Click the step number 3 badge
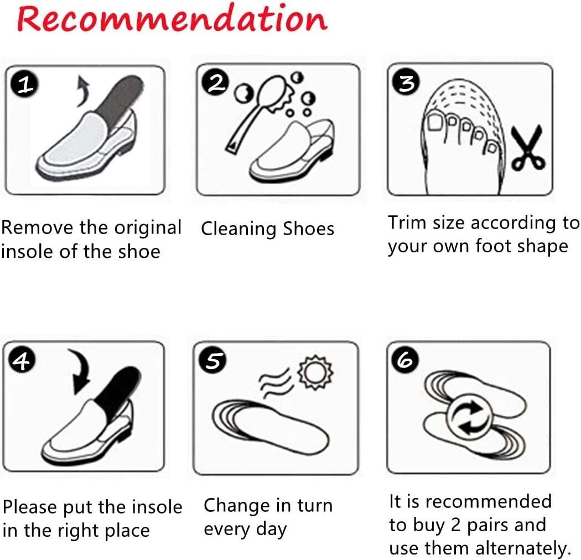click(407, 83)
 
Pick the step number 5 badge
click(214, 361)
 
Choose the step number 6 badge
click(405, 361)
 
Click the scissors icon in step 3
click(527, 148)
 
